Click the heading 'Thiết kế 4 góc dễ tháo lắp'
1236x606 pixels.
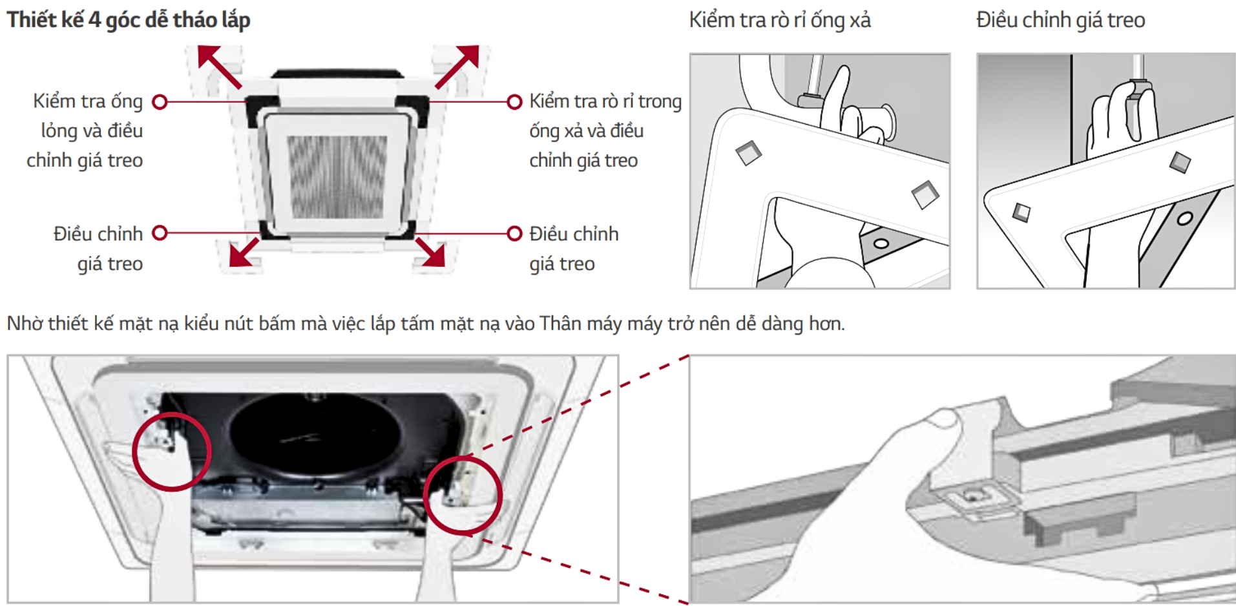(129, 20)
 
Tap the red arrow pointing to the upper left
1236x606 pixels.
(218, 65)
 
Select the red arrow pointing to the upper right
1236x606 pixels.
(457, 66)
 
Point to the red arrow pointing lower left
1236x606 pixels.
(244, 252)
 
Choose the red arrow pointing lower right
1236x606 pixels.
(430, 251)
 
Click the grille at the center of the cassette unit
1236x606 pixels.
(337, 176)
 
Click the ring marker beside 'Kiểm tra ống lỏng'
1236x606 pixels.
(160, 102)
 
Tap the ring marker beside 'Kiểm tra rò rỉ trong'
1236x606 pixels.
(514, 102)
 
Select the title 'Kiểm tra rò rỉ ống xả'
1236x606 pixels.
(780, 20)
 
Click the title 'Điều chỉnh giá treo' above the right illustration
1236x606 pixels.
(1060, 20)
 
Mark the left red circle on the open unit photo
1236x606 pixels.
(172, 452)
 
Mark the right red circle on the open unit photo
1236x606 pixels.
(463, 495)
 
